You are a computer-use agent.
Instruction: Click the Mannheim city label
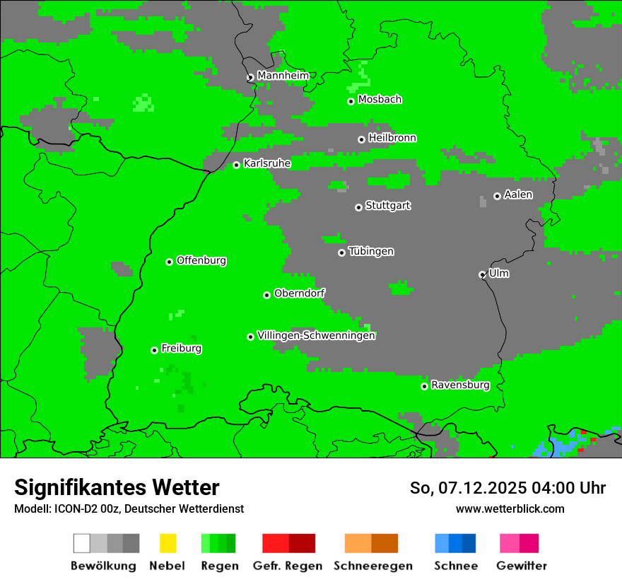coord(283,76)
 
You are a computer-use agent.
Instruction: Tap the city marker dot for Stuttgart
coord(358,207)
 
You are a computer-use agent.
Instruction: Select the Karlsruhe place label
coord(266,163)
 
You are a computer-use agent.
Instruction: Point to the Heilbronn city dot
coord(361,139)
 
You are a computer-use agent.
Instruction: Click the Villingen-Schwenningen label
coord(316,336)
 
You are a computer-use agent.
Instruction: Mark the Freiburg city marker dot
coord(154,350)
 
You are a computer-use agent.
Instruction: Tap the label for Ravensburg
coord(460,385)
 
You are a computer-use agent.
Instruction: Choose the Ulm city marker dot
coord(482,274)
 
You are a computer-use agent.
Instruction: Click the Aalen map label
coord(518,194)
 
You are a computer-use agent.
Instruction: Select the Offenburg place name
coord(201,260)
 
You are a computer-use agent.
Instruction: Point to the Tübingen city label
coord(371,252)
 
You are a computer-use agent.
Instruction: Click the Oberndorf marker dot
coord(266,295)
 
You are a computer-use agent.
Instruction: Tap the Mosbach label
coord(380,100)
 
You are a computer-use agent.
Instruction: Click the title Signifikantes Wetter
coord(117,487)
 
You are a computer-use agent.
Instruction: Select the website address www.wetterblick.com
coord(510,508)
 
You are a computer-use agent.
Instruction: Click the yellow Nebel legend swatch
coord(168,543)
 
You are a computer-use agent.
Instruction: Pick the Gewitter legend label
coord(522,566)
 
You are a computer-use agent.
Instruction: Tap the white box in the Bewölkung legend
coord(82,543)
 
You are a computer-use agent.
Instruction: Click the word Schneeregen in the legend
coord(373,566)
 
